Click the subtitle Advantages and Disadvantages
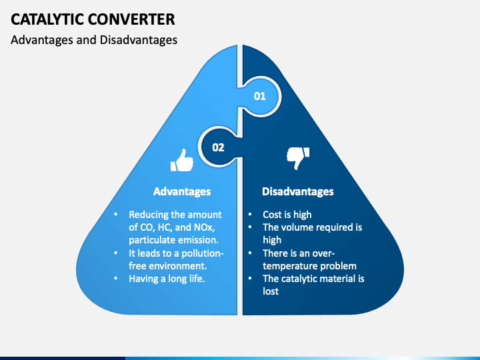94,40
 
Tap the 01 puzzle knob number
259,96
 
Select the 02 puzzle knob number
218,147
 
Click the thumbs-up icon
182,160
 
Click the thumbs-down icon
298,158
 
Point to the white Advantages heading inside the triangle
182,191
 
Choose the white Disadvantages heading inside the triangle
297,191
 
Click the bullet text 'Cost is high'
287,215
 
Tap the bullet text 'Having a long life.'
167,279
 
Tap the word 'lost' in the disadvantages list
271,291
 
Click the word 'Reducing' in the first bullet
148,215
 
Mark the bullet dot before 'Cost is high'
249,215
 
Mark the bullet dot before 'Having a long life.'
115,279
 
